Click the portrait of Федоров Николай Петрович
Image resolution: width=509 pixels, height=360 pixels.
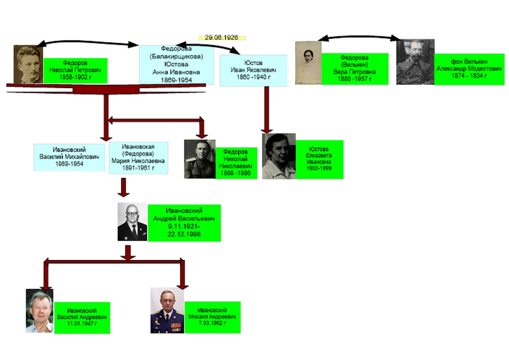click(x=28, y=65)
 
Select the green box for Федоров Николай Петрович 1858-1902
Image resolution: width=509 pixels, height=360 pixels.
click(x=76, y=70)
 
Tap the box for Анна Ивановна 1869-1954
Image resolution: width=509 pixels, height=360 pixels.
click(x=176, y=65)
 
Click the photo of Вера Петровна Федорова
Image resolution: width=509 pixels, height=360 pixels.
click(x=308, y=63)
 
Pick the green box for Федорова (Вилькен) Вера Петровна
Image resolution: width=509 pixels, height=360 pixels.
click(x=355, y=68)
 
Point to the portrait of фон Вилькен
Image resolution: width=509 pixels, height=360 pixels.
click(x=415, y=62)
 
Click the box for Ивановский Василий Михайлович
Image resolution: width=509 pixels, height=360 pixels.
click(x=69, y=157)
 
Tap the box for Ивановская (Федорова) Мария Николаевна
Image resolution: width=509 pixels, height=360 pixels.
click(x=138, y=157)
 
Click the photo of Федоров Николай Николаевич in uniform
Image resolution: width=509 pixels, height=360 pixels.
click(x=200, y=159)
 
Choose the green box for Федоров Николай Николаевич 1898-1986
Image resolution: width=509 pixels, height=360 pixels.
click(x=236, y=163)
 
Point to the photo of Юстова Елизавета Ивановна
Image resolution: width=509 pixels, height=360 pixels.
click(x=279, y=156)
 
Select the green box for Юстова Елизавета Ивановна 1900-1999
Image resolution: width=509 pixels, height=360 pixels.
click(x=319, y=159)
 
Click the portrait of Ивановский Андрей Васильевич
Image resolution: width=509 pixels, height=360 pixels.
click(x=132, y=222)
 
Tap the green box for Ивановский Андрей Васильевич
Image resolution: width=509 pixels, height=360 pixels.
click(x=184, y=222)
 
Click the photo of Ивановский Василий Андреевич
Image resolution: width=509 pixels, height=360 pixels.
click(x=39, y=310)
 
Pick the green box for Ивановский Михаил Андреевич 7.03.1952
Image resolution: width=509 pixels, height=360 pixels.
click(x=212, y=317)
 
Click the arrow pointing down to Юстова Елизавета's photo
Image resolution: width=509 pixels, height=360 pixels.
click(x=266, y=110)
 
